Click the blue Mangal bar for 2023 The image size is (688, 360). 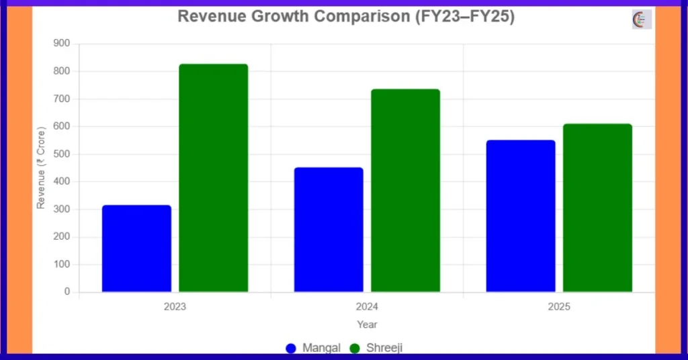[136, 249]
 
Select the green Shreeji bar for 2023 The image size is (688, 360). [214, 178]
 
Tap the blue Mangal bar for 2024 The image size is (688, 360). [329, 230]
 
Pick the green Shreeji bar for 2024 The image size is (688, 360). [405, 191]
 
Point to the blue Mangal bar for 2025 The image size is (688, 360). [521, 216]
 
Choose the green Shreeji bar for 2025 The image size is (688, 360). [597, 208]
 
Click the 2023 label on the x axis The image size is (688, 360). [175, 307]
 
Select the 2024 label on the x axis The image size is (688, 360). [367, 307]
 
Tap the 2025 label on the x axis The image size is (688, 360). [559, 307]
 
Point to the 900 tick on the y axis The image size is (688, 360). [62, 44]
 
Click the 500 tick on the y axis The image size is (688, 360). [62, 154]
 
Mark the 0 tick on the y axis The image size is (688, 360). [67, 292]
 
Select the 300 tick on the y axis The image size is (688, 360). [62, 210]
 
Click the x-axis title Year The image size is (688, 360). [367, 324]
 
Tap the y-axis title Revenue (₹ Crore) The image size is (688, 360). [41, 167]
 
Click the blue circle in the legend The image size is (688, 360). [291, 348]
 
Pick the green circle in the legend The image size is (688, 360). [355, 348]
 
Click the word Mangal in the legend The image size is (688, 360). [321, 348]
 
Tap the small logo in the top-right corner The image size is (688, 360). [642, 19]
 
